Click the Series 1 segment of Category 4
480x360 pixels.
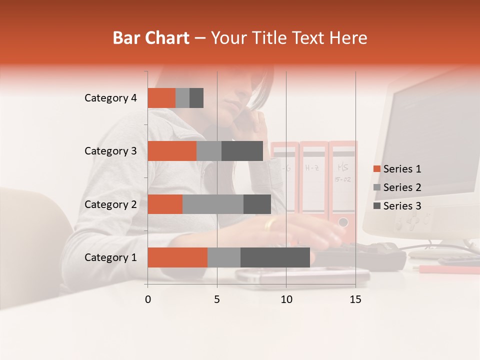click(161, 98)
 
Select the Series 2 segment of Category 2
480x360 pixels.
click(213, 204)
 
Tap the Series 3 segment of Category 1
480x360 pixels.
click(275, 257)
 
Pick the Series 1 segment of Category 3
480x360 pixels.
click(172, 151)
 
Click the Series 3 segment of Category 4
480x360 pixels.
click(196, 98)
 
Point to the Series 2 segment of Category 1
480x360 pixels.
click(224, 257)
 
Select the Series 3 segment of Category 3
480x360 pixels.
click(242, 151)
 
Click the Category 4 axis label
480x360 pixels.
click(110, 98)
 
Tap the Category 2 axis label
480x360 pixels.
click(110, 204)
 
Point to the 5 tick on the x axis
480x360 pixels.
click(217, 299)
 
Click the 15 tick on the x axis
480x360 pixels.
click(355, 299)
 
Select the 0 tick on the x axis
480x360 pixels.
click(148, 299)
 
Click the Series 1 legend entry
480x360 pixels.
click(401, 169)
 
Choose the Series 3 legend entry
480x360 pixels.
click(401, 206)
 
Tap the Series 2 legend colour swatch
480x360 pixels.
click(377, 187)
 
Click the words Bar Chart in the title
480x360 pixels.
click(151, 38)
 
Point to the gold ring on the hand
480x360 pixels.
click(270, 225)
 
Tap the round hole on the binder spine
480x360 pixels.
click(343, 221)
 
